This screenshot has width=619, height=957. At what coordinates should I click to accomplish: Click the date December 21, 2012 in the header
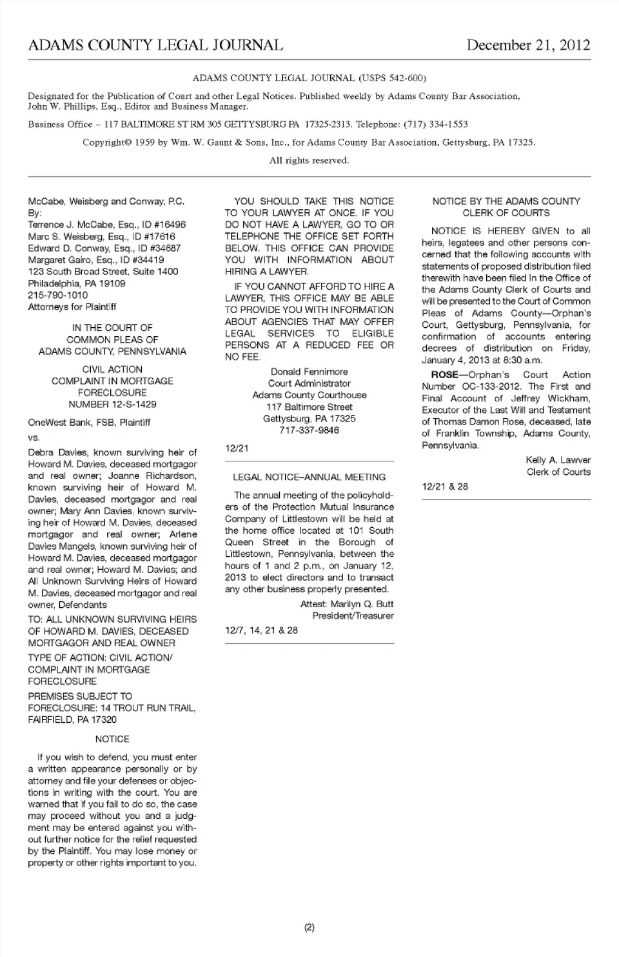(x=528, y=45)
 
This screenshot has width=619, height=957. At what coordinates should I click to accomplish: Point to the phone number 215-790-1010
(x=58, y=295)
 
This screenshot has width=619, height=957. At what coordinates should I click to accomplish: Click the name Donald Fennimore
(x=309, y=372)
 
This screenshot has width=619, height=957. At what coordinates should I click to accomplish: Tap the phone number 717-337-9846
(x=309, y=430)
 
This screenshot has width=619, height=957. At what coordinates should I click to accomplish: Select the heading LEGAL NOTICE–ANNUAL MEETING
(x=309, y=478)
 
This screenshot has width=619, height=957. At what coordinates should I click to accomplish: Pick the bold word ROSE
(x=444, y=375)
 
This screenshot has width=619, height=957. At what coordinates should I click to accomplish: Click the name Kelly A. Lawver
(x=558, y=460)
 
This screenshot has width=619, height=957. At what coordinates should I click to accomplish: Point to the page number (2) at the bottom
(x=309, y=928)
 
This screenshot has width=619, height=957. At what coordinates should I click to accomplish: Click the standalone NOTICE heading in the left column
(x=112, y=740)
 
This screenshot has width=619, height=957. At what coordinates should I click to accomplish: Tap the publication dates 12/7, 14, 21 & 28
(x=261, y=630)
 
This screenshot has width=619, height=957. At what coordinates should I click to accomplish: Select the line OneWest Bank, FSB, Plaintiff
(x=89, y=423)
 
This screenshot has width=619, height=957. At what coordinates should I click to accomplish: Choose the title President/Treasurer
(x=353, y=616)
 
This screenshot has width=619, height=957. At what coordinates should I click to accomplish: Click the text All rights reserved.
(x=309, y=161)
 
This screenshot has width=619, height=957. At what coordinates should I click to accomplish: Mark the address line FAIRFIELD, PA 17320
(x=72, y=720)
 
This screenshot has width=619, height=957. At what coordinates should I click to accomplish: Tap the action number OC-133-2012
(x=492, y=387)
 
